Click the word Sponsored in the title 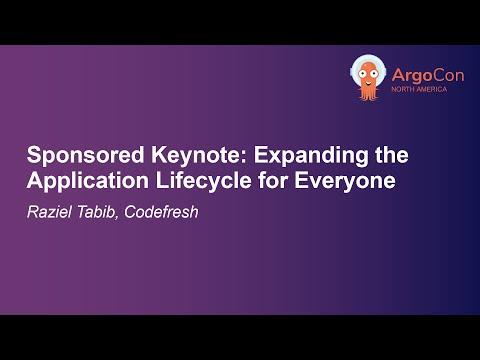pos(85,156)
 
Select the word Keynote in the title pos(197,156)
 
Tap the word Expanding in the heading pos(311,156)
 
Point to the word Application pos(88,181)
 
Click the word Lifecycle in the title pos(204,181)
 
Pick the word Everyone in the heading pos(345,180)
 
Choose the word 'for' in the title pos(273,180)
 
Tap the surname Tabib pos(96,212)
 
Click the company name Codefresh pos(161,212)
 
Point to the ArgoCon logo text pos(428,75)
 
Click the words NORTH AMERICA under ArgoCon pos(419,89)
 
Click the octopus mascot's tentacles pos(368,93)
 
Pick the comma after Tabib pos(117,217)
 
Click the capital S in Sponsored pos(34,155)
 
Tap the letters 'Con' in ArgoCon pos(448,75)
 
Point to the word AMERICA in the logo pos(432,89)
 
